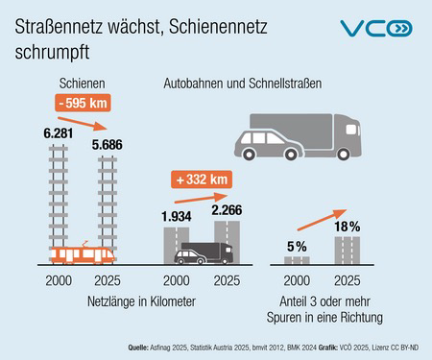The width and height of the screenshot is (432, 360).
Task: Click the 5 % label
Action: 296,247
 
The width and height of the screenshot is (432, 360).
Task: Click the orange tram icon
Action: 84,254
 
